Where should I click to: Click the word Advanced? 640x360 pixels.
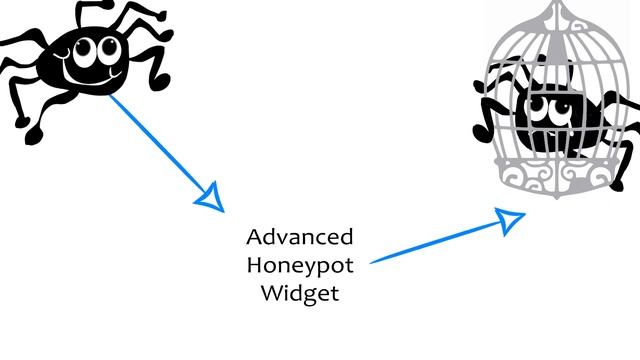click(x=300, y=238)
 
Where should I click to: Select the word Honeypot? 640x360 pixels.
click(x=300, y=267)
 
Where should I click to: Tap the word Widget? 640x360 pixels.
click(x=300, y=294)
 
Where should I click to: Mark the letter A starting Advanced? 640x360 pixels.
click(x=254, y=239)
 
